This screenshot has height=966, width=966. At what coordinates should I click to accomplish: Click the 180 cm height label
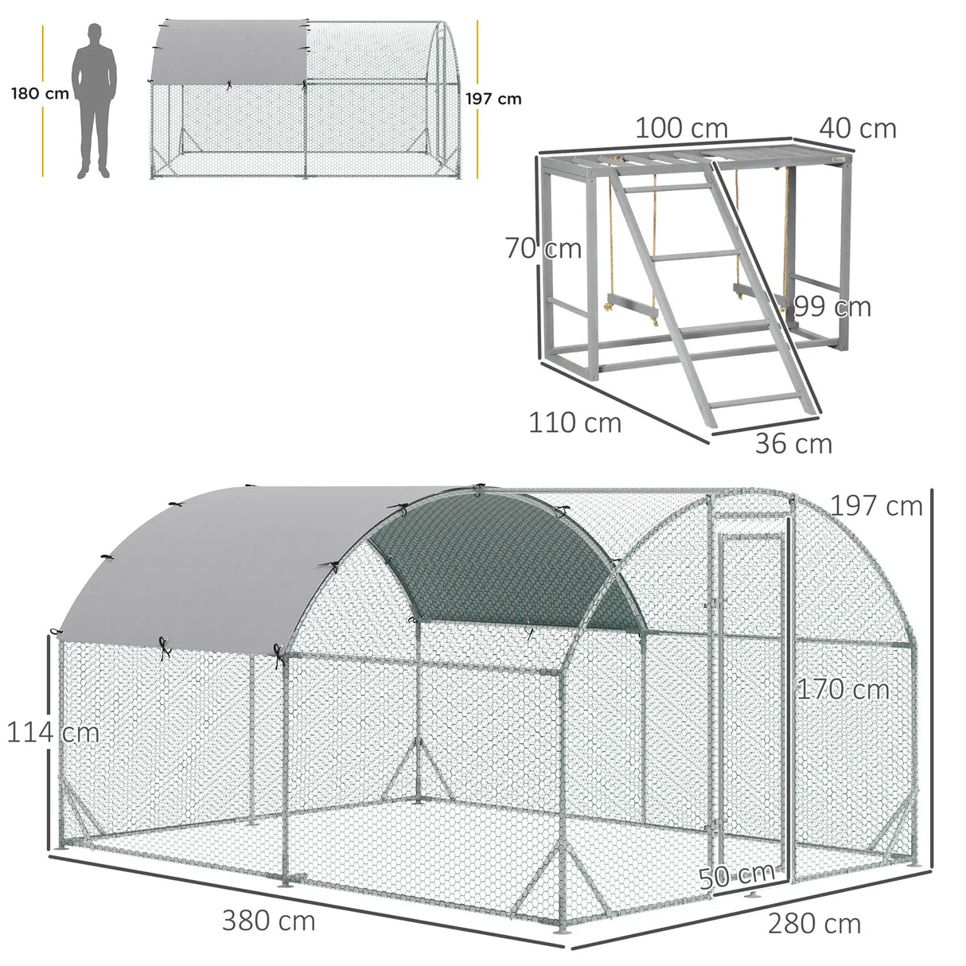pos(40,94)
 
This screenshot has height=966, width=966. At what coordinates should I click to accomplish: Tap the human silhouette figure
pos(94,100)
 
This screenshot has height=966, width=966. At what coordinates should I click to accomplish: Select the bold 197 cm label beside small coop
pos(494,99)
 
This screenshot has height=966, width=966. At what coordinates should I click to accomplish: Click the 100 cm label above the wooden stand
pos(680,128)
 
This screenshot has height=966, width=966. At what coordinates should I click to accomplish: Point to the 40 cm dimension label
pos(857,128)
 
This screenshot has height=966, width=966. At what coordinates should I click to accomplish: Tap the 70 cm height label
pos(544,249)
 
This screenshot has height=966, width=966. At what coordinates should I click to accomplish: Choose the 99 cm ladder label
pos(832,306)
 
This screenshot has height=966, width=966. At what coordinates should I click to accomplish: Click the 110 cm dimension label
pos(575,423)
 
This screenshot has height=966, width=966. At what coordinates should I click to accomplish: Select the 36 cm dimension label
pos(793,443)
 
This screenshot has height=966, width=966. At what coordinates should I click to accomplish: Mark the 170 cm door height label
pos(843,689)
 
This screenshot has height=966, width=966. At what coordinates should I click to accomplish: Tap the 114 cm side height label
pos(53,732)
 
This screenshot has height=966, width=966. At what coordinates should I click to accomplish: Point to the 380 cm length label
pos(268,921)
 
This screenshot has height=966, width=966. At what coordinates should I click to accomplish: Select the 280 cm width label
pos(814,923)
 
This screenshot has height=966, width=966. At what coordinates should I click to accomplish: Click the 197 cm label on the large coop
pos(876,505)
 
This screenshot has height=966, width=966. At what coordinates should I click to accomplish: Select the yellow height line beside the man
pos(43,100)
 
